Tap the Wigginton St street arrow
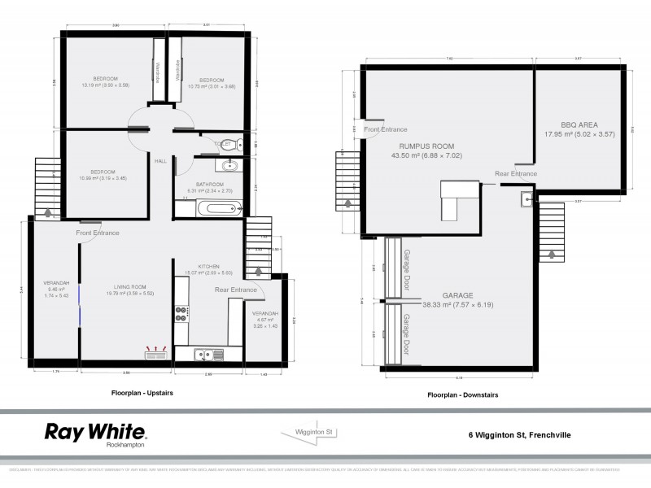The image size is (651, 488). [x=311, y=433]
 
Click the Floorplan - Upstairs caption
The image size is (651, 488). [x=142, y=393]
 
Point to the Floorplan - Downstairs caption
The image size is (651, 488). [x=462, y=394]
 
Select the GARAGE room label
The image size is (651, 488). [x=457, y=295]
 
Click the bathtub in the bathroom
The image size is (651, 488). [x=216, y=209]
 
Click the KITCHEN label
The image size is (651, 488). [x=198, y=266]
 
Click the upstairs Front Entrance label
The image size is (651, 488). [x=98, y=233]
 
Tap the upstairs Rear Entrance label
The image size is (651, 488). [x=235, y=290]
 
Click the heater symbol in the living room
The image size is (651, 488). [x=155, y=353]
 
